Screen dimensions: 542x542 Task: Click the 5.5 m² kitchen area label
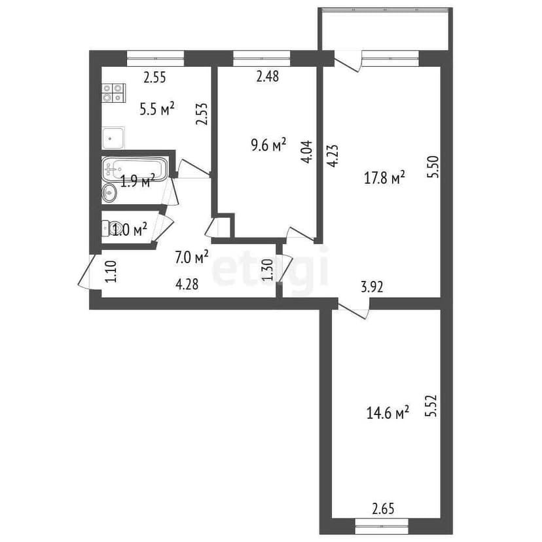[x=156, y=109]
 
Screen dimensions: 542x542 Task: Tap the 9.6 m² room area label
[x=268, y=145]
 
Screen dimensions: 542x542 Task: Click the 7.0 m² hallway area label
[x=192, y=257]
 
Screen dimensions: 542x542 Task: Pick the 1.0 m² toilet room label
[x=130, y=229]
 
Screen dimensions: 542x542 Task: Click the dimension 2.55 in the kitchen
[x=154, y=77]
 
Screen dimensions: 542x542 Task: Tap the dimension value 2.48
[x=268, y=77]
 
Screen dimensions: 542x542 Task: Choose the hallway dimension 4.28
[x=187, y=285]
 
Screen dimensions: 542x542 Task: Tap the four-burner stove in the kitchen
[x=113, y=93]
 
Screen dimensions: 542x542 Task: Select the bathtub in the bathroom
[x=135, y=168]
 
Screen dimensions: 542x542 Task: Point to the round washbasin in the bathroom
[x=110, y=192]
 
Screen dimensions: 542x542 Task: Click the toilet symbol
[x=108, y=228]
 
